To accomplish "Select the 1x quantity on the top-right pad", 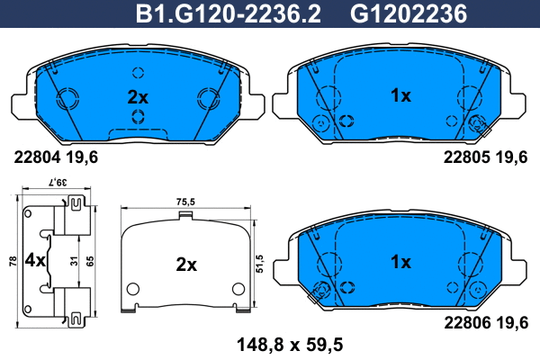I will pyautogui.click(x=400, y=95).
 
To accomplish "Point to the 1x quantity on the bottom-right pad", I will pyautogui.click(x=400, y=262).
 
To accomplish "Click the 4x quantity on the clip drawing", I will pyautogui.click(x=34, y=262).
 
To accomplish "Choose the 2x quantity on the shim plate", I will pyautogui.click(x=185, y=265).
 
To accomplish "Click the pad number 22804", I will pyautogui.click(x=33, y=157).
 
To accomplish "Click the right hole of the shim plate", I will pyautogui.click(x=238, y=289).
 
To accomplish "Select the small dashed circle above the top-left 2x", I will pyautogui.click(x=137, y=73).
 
